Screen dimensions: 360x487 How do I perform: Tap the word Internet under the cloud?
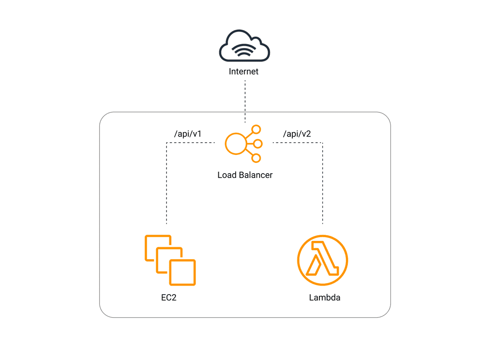(244, 72)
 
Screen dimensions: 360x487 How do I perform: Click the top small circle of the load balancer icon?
(256, 130)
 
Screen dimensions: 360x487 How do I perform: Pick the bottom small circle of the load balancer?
(256, 158)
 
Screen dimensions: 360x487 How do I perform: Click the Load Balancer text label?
(245, 175)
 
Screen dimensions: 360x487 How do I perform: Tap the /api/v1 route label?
(188, 134)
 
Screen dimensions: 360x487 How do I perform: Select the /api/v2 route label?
(297, 134)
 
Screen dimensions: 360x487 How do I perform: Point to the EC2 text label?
(168, 298)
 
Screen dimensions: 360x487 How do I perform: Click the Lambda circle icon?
(322, 260)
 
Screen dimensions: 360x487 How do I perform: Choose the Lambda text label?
(325, 298)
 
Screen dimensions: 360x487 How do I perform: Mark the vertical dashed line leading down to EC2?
(167, 184)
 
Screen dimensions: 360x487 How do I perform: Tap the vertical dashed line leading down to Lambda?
(322, 184)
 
